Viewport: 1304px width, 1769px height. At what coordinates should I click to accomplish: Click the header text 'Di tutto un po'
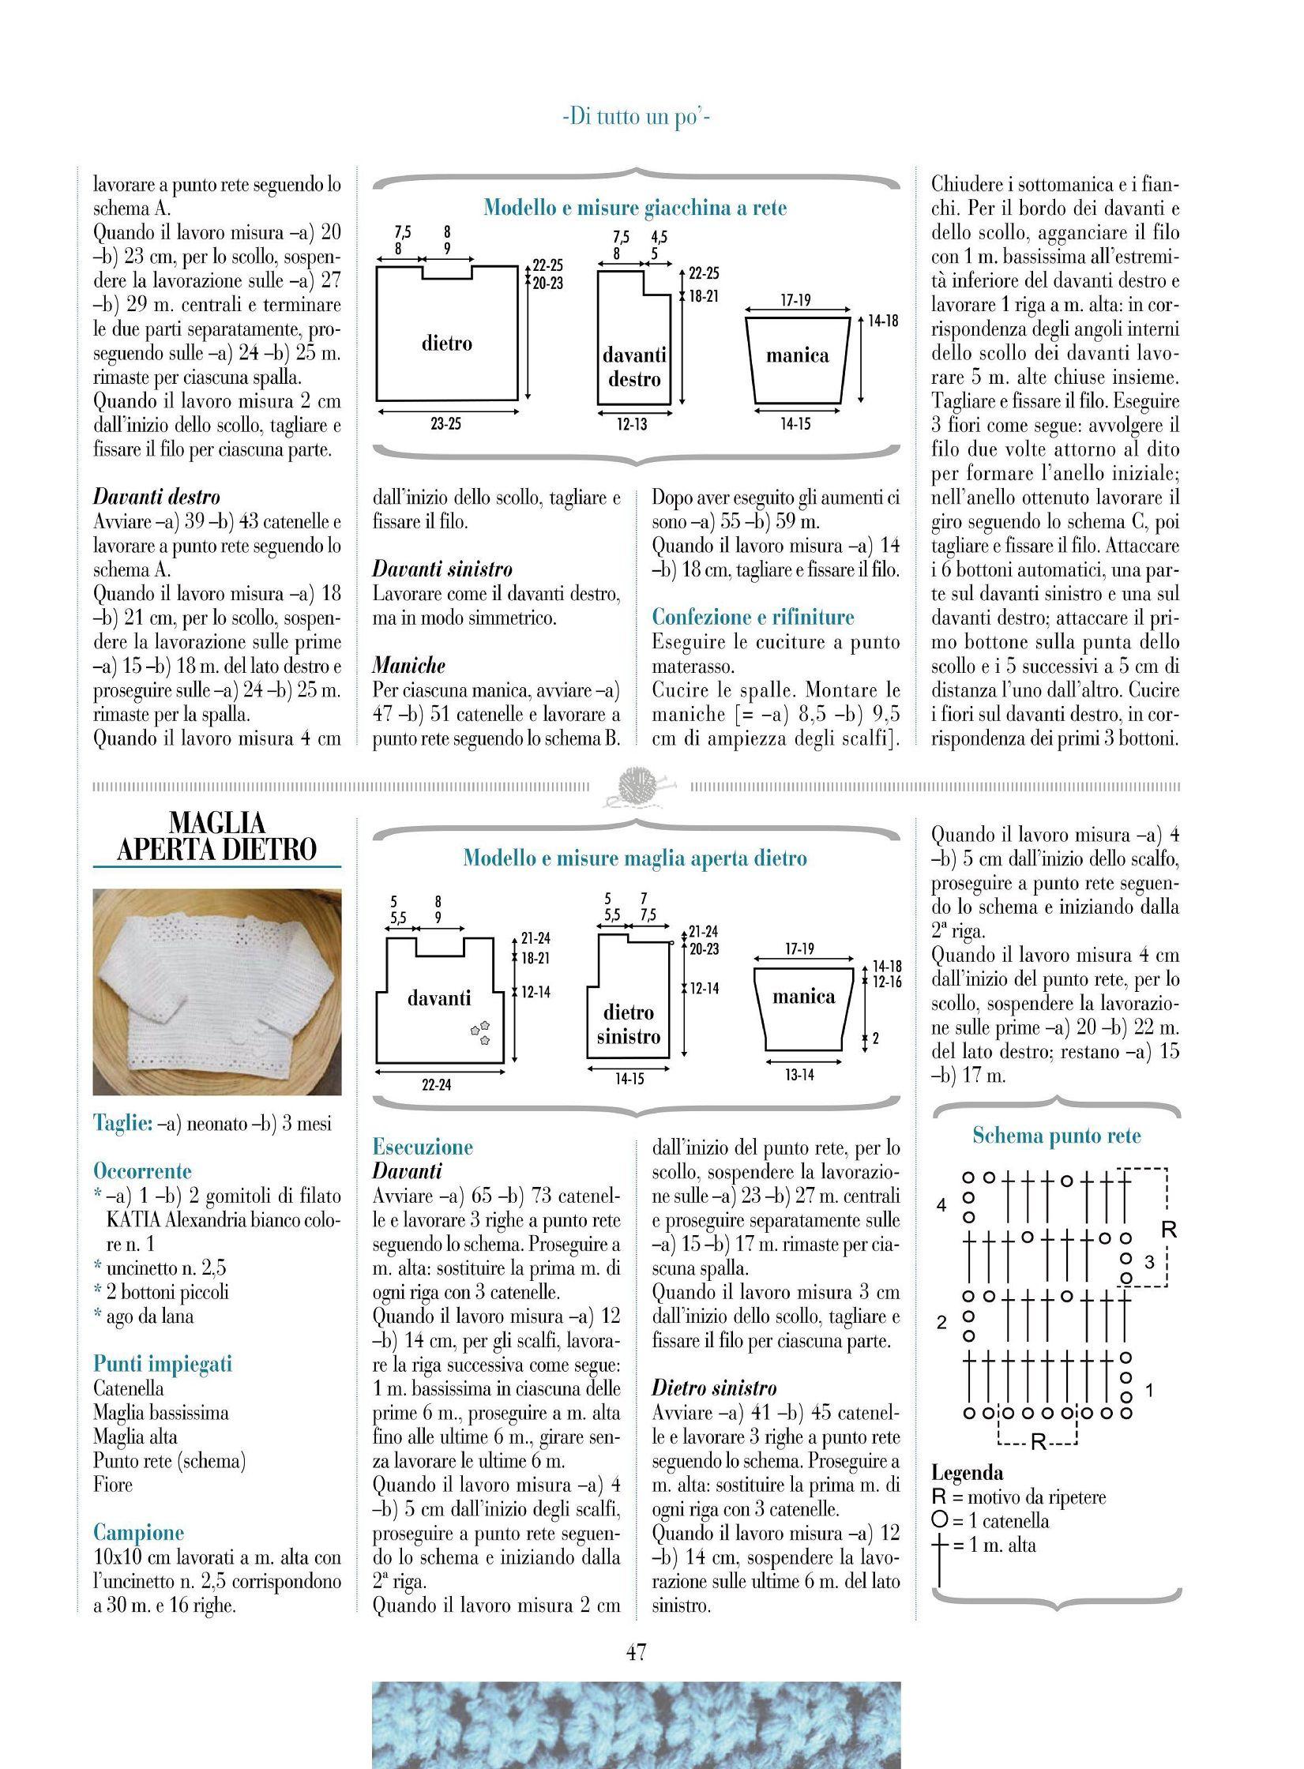pyautogui.click(x=637, y=118)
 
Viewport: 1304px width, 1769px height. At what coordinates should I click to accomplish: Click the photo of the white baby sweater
pyautogui.click(x=217, y=992)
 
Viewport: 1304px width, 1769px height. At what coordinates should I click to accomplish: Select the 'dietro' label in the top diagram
pyautogui.click(x=446, y=344)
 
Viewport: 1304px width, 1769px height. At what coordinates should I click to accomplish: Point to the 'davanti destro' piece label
pyautogui.click(x=634, y=367)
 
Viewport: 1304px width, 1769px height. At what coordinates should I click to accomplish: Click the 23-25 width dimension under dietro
pyautogui.click(x=446, y=424)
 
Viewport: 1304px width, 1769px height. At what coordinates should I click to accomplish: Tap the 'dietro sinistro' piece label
pyautogui.click(x=629, y=1024)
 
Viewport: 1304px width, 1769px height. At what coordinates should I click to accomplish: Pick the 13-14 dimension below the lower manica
pyautogui.click(x=799, y=1075)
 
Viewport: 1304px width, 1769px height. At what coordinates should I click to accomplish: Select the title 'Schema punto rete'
pyautogui.click(x=1057, y=1136)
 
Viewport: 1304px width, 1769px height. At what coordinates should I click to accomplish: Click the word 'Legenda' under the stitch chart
pyautogui.click(x=968, y=1472)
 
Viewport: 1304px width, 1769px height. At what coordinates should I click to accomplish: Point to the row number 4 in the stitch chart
pyautogui.click(x=941, y=1205)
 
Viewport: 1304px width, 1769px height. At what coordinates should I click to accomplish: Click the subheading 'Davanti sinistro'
pyautogui.click(x=442, y=569)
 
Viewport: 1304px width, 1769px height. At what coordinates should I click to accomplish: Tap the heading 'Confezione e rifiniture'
pyautogui.click(x=753, y=617)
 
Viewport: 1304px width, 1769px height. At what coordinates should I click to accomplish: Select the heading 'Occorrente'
pyautogui.click(x=142, y=1170)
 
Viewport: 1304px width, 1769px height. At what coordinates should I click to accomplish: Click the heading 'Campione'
pyautogui.click(x=138, y=1532)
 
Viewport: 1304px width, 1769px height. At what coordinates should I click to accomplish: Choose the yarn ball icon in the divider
pyautogui.click(x=637, y=787)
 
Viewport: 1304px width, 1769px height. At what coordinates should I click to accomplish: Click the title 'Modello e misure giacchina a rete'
pyautogui.click(x=635, y=208)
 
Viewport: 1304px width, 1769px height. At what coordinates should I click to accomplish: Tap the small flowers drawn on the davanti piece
pyautogui.click(x=480, y=1032)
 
